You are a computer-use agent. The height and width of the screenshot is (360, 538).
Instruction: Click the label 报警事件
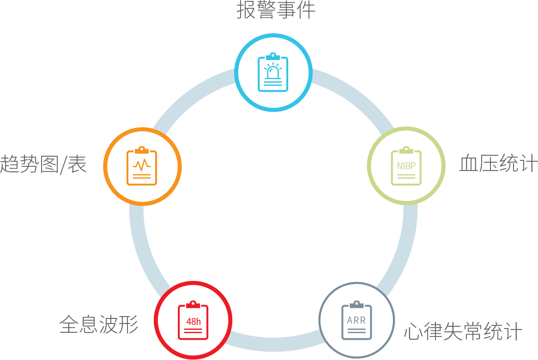[276, 11]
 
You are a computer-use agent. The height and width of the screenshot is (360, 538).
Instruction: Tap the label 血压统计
[498, 164]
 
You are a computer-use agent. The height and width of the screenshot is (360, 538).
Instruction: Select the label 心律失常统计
[463, 331]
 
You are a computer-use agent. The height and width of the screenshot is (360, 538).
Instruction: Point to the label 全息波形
[99, 324]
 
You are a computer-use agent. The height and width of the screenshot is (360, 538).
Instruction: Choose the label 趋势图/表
[43, 164]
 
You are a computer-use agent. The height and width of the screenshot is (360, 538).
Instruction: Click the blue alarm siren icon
[273, 73]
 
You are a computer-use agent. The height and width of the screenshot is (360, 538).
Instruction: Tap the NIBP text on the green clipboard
[406, 166]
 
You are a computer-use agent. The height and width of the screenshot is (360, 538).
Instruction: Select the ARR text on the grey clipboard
[357, 320]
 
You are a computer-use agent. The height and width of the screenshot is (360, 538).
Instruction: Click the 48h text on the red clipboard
[193, 322]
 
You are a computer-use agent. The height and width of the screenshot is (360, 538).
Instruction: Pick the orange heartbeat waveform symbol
[142, 165]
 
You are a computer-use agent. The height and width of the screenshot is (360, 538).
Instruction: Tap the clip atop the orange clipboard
[142, 149]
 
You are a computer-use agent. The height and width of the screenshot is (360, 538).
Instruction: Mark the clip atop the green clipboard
[406, 150]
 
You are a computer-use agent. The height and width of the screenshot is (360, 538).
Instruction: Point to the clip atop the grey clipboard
[357, 304]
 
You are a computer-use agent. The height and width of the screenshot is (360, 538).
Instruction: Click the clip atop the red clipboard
[193, 304]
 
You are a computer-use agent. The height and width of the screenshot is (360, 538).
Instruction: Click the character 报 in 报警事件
[247, 11]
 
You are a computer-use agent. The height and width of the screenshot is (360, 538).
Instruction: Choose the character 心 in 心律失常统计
[413, 332]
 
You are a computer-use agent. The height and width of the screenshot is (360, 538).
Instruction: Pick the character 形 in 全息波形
[129, 324]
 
